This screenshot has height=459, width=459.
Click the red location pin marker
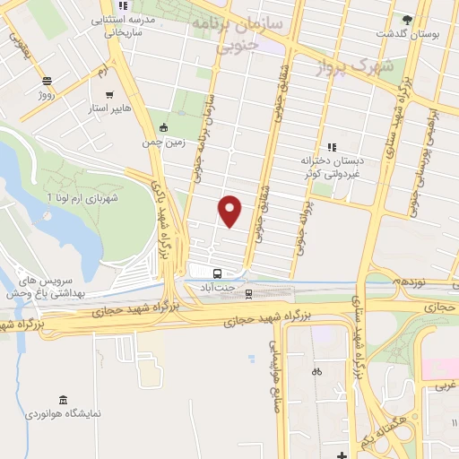[231, 210]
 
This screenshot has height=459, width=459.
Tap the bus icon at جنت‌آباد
[218, 273]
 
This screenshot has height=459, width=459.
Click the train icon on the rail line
[249, 292]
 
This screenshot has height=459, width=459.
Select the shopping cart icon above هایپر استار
[109, 94]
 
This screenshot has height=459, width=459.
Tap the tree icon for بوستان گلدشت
[409, 19]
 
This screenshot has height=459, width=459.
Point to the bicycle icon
[316, 371]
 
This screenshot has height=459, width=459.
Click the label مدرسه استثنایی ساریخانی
[130, 25]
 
